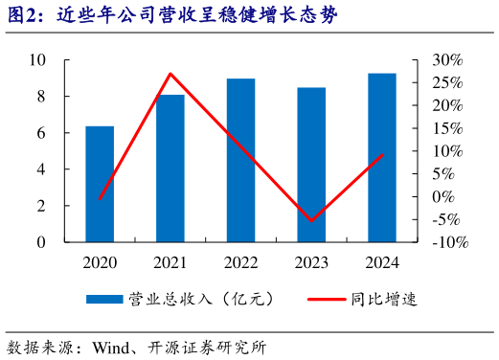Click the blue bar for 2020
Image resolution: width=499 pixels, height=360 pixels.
pyautogui.click(x=100, y=184)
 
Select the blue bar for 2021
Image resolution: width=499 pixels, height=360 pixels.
pyautogui.click(x=170, y=169)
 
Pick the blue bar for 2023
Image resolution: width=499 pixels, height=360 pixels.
pyautogui.click(x=311, y=165)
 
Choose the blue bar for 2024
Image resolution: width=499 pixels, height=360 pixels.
pyautogui.click(x=382, y=158)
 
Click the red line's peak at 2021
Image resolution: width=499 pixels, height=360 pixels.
pyautogui.click(x=170, y=74)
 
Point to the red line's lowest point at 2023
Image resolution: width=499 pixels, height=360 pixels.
pyautogui.click(x=311, y=220)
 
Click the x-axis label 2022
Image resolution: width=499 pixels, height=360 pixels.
pyautogui.click(x=240, y=261)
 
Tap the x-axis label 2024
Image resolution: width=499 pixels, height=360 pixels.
pyautogui.click(x=382, y=261)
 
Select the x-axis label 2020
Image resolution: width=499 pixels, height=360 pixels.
pyautogui.click(x=100, y=261)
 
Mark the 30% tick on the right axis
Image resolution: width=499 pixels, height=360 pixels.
pyautogui.click(x=448, y=59)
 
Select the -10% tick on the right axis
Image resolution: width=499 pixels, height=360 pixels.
pyautogui.click(x=448, y=242)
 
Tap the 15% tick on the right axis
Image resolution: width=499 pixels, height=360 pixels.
pyautogui.click(x=448, y=128)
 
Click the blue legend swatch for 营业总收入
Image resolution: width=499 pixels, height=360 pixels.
pyautogui.click(x=104, y=300)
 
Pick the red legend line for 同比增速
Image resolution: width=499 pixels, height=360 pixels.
pyautogui.click(x=326, y=300)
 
